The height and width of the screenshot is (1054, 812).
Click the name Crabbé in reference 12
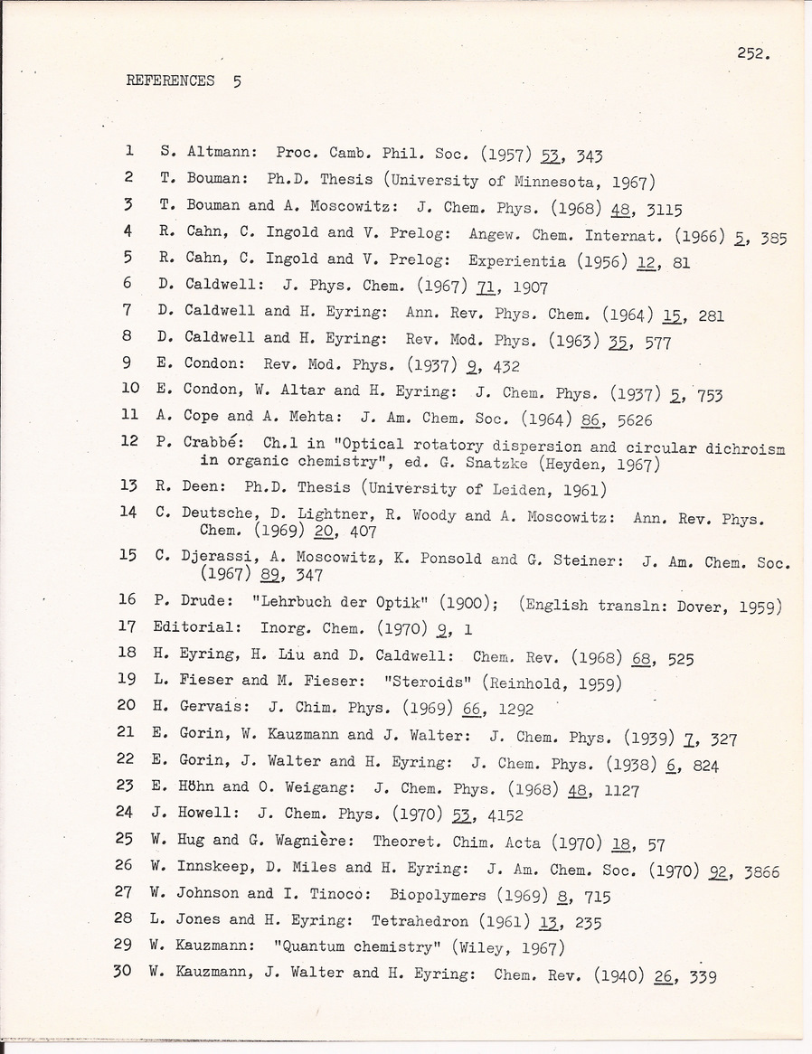point(211,445)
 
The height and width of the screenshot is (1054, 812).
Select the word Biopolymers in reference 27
point(439,895)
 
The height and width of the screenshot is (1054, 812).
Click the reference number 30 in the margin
point(126,974)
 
